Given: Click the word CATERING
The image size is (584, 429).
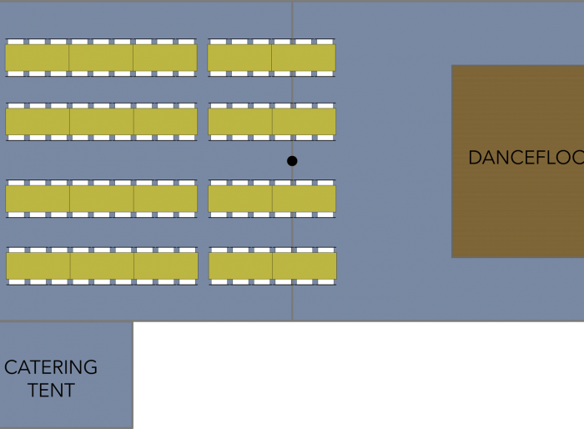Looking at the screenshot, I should click(x=51, y=367).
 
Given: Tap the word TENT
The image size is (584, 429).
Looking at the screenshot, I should click(x=51, y=390).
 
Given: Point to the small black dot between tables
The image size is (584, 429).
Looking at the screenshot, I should click(x=292, y=161).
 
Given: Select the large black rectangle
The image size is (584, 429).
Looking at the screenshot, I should click(x=359, y=376).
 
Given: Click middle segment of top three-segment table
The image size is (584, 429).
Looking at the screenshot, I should click(x=101, y=58).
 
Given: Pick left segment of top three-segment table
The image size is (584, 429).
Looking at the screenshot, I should click(x=37, y=58).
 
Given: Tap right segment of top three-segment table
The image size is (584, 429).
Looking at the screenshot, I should click(x=165, y=58).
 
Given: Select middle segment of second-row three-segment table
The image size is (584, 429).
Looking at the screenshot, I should click(x=102, y=122).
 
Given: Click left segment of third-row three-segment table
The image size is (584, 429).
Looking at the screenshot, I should click(x=38, y=199).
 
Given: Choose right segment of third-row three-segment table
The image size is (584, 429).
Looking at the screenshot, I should click(x=166, y=199).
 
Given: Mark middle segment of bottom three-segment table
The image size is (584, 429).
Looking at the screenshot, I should click(x=102, y=266).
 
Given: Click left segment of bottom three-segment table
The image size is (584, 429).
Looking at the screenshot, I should click(x=38, y=266).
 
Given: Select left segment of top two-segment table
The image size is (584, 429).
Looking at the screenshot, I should click(x=239, y=58).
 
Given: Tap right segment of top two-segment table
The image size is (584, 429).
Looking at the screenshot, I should click(x=304, y=58).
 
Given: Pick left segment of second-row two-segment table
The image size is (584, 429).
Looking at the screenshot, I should click(x=240, y=122).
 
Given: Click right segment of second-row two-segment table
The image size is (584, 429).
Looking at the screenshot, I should click(x=304, y=122).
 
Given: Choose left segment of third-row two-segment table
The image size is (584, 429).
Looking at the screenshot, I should click(x=240, y=199).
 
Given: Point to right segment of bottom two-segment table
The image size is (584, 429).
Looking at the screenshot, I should click(x=305, y=266).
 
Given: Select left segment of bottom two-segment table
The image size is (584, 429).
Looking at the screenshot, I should click(x=240, y=266).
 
